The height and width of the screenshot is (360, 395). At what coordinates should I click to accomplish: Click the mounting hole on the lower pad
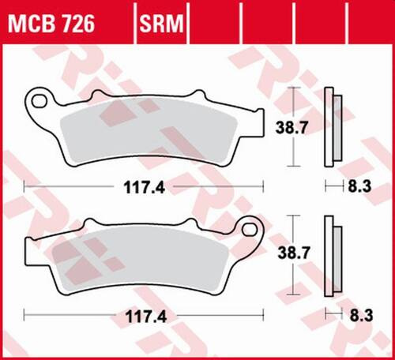pos(253,231)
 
